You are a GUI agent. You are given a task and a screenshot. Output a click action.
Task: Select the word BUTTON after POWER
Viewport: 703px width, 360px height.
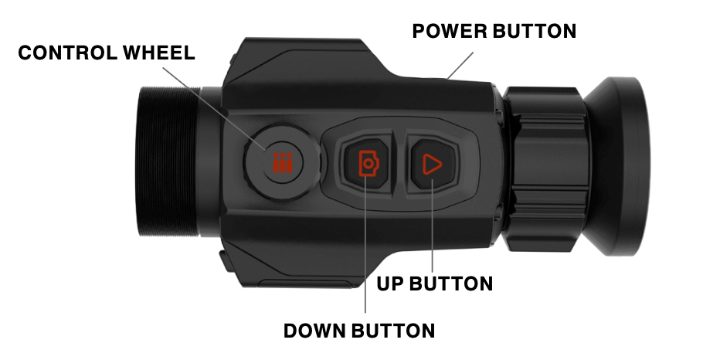coord(534,32)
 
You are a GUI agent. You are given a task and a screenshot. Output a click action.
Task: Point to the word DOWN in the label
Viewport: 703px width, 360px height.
coord(317,331)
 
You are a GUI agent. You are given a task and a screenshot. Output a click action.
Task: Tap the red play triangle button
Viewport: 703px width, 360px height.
coord(431,164)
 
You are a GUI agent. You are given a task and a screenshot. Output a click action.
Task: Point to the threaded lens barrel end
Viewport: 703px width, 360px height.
coord(166,162)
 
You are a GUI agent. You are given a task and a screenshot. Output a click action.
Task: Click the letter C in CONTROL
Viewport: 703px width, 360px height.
coord(25,54)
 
